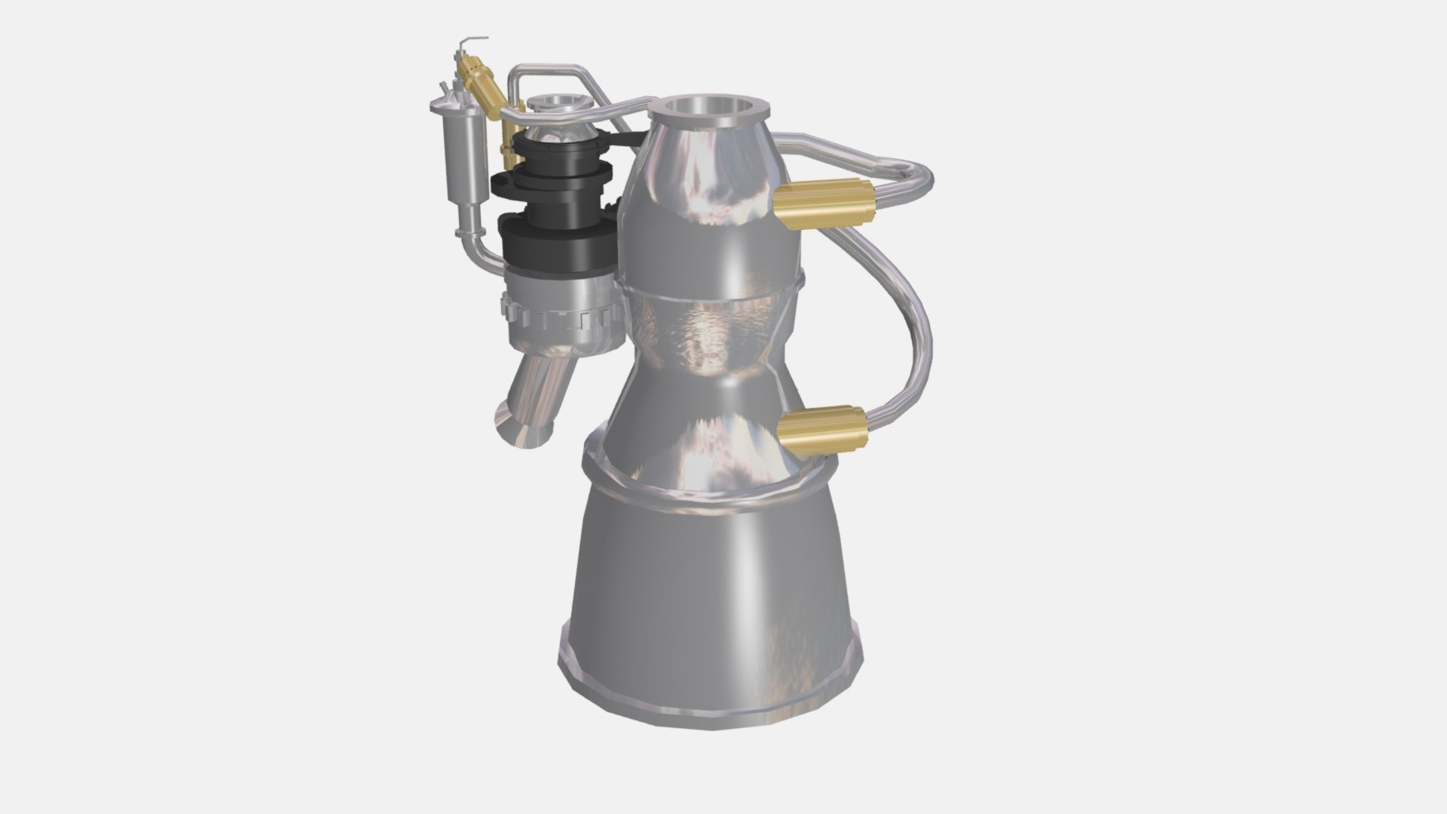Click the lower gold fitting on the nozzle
pyautogui.click(x=821, y=430)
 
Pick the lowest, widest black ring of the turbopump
pyautogui.click(x=554, y=245)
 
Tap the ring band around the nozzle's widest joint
pyautogui.click(x=708, y=482)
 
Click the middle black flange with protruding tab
pyautogui.click(x=550, y=185)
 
